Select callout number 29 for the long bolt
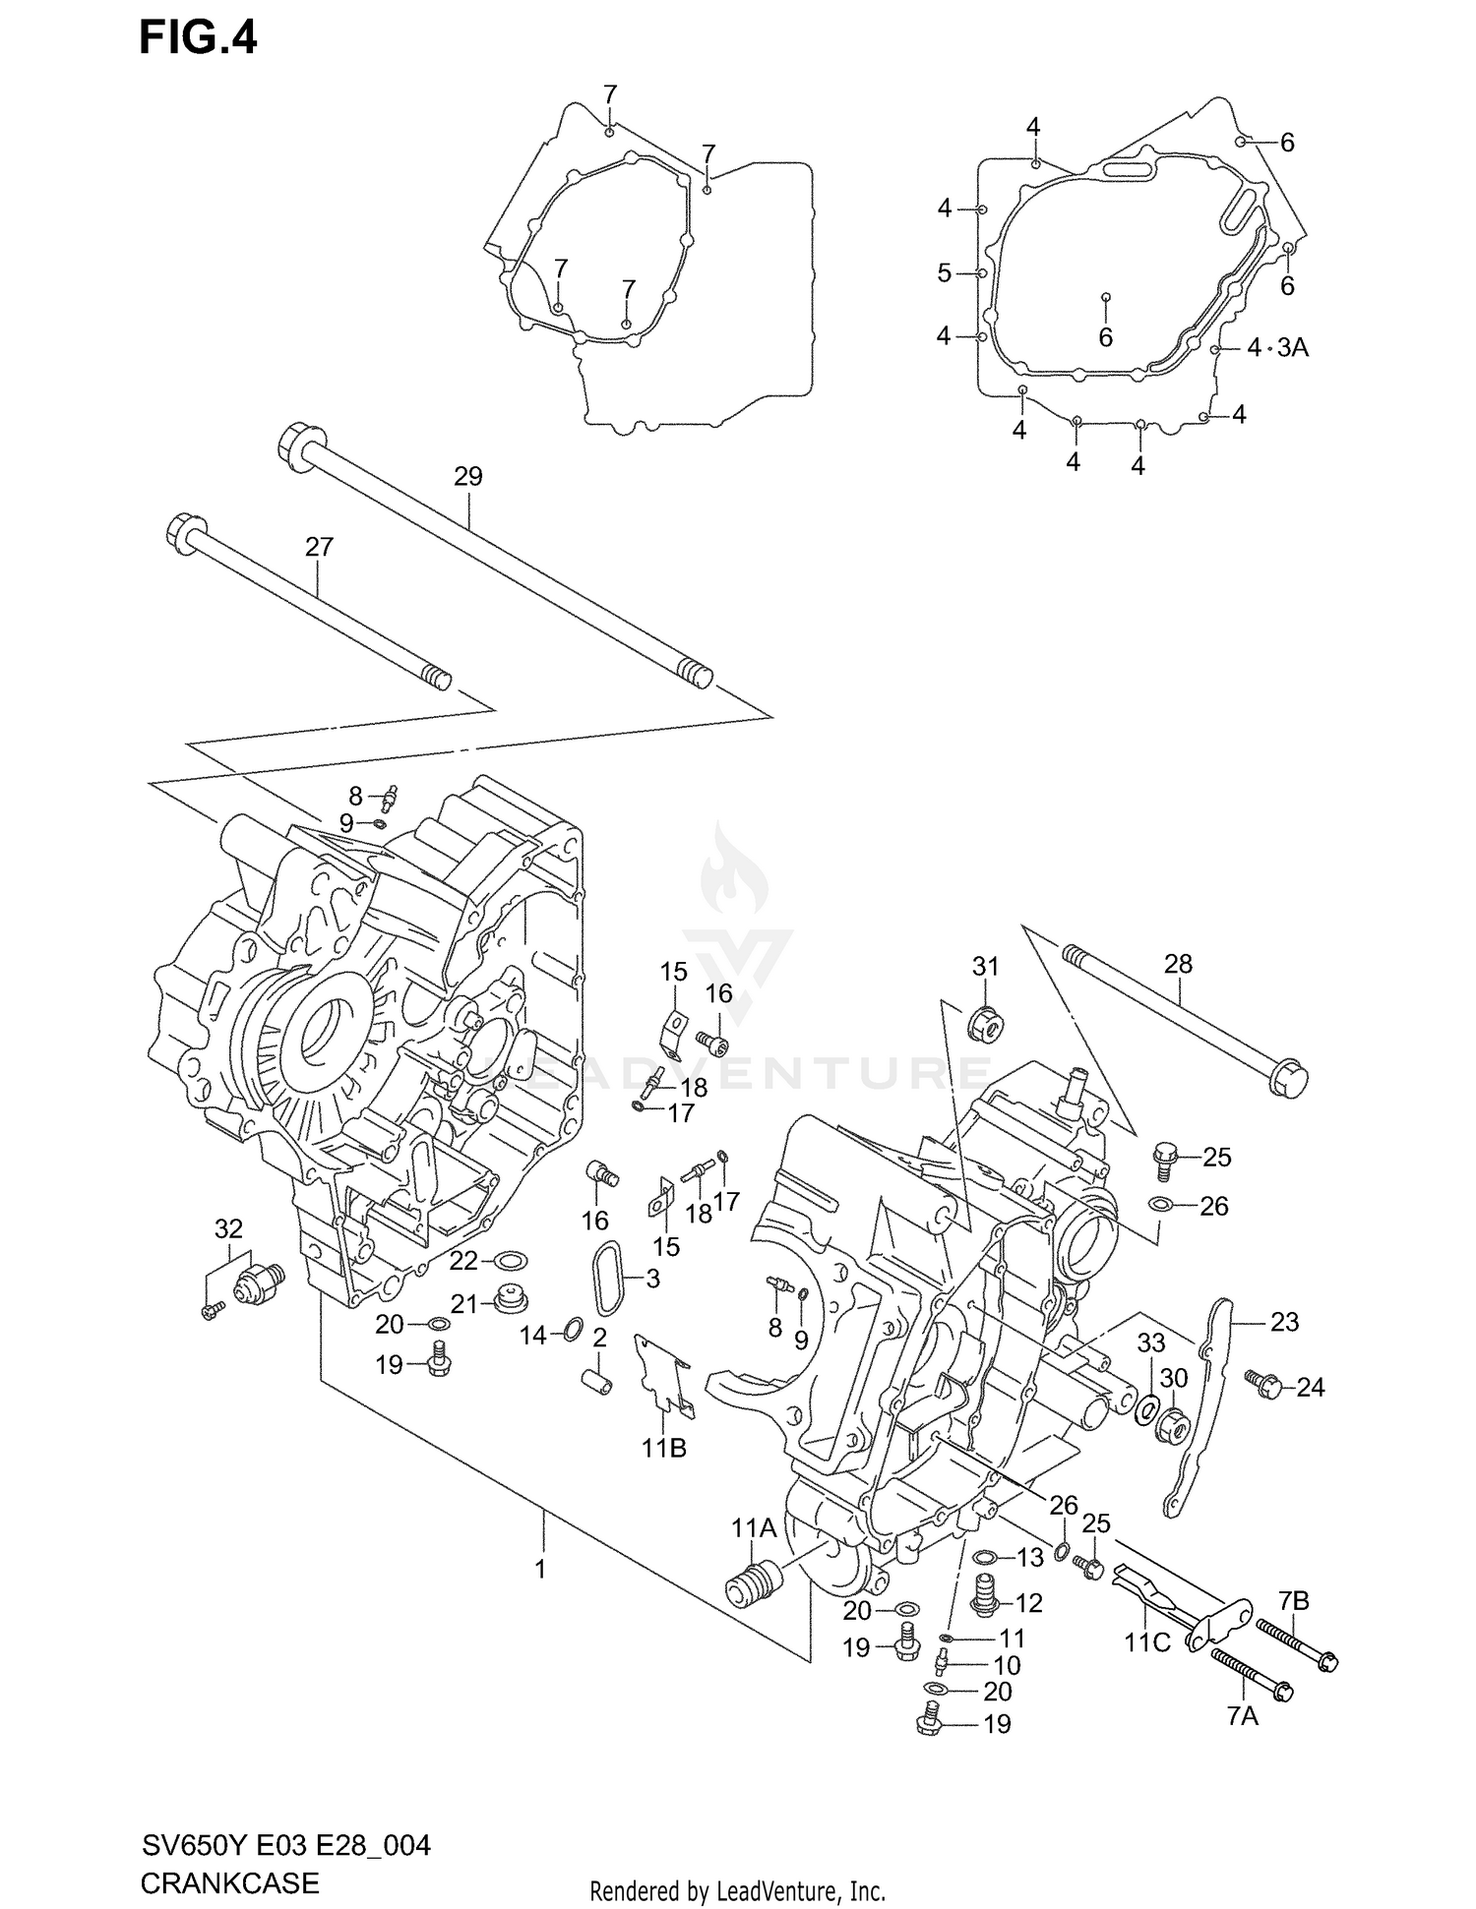[x=468, y=477]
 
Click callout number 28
[x=1178, y=964]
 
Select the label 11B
[x=664, y=1448]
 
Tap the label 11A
[x=754, y=1527]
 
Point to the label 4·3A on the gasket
[x=1278, y=347]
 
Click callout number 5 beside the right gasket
[x=945, y=272]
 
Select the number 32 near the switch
[x=228, y=1228]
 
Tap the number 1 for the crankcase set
[x=540, y=1569]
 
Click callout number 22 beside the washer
[x=463, y=1261]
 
